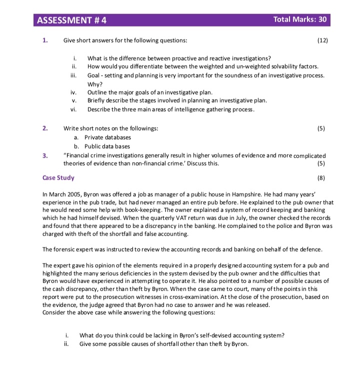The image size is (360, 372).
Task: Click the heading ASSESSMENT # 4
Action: [72, 20]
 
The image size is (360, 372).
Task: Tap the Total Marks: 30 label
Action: [300, 19]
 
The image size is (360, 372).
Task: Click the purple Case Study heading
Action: [58, 177]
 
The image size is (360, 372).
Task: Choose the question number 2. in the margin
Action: [45, 128]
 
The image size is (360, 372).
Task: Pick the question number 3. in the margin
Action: [45, 155]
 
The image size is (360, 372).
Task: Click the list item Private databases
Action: [107, 137]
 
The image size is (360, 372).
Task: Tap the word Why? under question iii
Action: [94, 84]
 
